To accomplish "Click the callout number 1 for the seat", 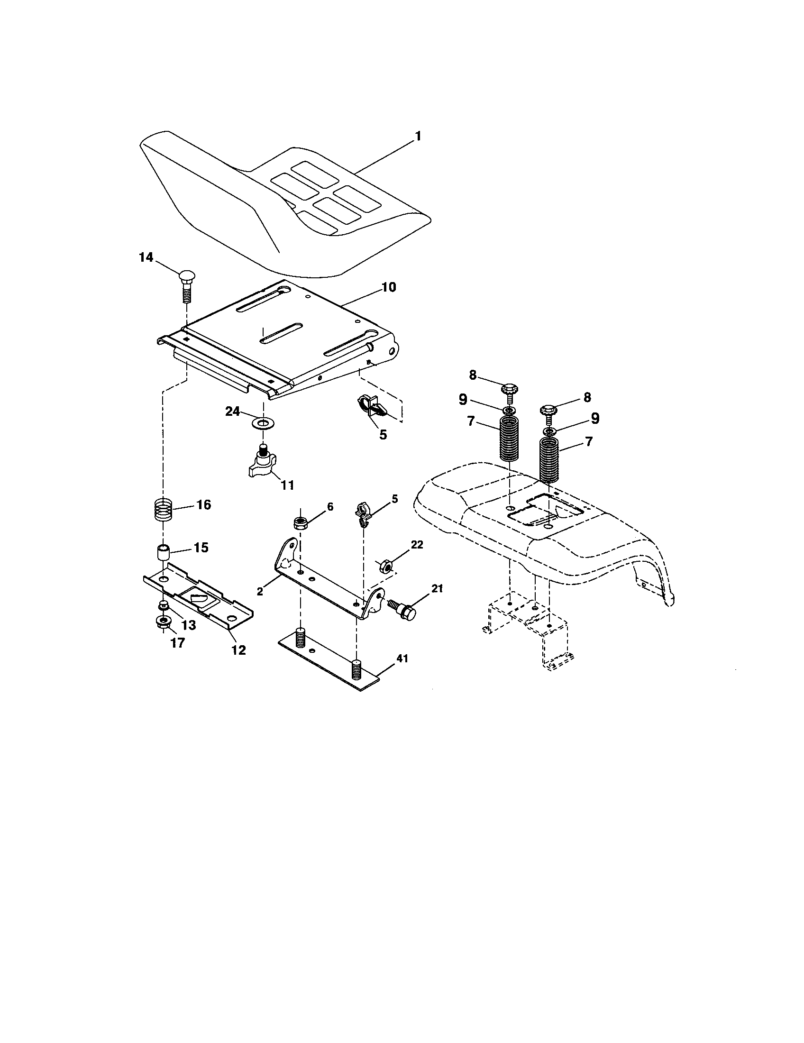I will [x=418, y=137].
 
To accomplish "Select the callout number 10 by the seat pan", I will [x=388, y=287].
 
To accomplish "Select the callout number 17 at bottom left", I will [x=177, y=643].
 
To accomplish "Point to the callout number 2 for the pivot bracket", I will [x=260, y=592].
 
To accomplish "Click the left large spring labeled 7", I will [x=510, y=439].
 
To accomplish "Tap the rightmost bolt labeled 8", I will [x=549, y=412].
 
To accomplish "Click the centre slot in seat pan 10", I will [x=282, y=332].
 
